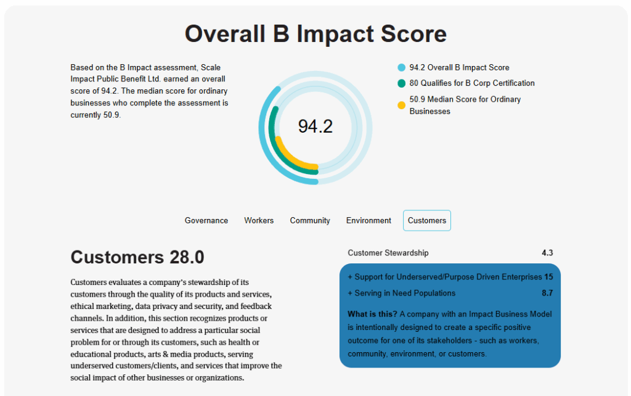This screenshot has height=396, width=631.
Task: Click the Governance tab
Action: tap(206, 220)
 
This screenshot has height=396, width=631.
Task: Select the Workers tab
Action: tap(259, 220)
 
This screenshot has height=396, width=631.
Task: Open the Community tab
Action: tap(310, 220)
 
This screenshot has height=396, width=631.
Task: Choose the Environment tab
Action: tap(368, 220)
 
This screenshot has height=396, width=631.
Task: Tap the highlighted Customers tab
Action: tap(427, 220)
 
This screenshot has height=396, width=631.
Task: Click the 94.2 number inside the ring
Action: tap(315, 126)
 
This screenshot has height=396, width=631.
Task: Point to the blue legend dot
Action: tap(401, 68)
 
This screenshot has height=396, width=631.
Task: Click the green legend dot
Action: tap(401, 83)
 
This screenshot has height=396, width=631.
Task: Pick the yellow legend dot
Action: tap(401, 105)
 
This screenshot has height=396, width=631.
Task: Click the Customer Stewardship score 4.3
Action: tap(547, 253)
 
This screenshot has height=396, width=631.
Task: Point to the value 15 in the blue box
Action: tap(548, 277)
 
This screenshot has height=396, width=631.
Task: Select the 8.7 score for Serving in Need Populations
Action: tap(547, 293)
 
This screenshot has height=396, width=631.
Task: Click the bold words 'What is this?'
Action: tap(372, 314)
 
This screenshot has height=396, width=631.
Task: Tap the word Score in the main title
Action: tap(413, 34)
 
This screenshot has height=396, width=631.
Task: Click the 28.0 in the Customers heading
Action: tap(187, 257)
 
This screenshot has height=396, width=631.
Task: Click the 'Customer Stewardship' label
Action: tap(388, 253)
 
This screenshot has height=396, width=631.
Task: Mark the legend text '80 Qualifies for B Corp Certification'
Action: tap(472, 83)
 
